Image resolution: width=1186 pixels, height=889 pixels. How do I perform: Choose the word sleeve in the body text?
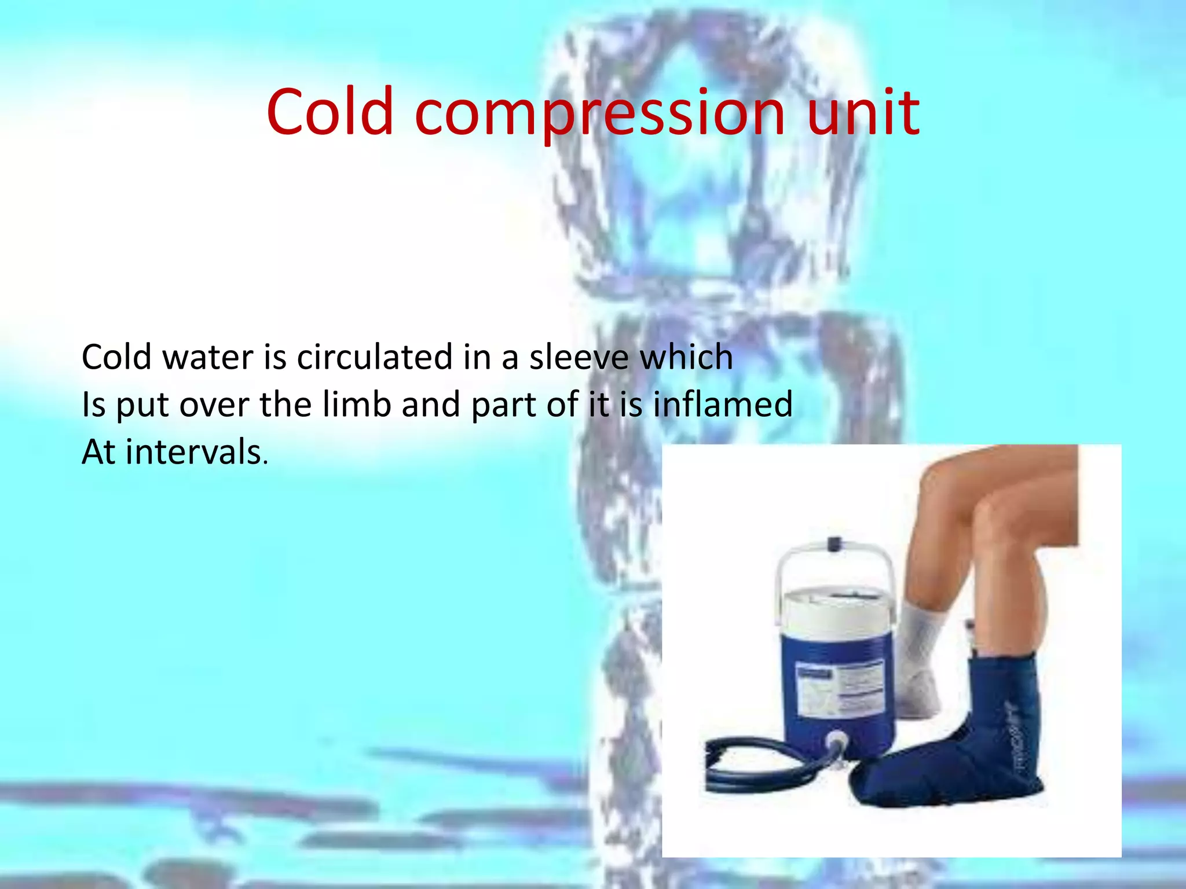tap(579, 357)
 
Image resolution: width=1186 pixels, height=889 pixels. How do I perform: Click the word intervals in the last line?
tap(194, 452)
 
